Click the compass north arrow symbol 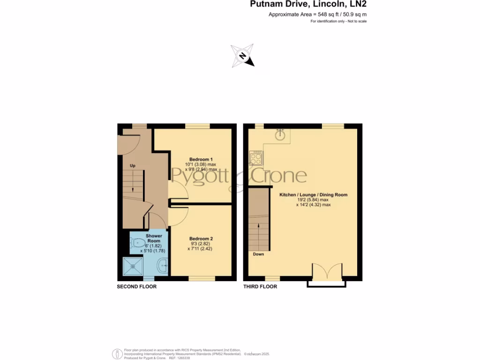tap(242, 55)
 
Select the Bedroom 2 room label tap(200, 239)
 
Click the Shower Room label tap(154, 238)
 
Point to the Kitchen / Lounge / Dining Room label tap(313, 194)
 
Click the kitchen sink tap(280, 135)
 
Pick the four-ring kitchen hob tap(256, 158)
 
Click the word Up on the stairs tap(133, 166)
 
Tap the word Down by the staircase tap(258, 254)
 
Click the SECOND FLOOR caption tap(136, 286)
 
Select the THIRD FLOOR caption tap(260, 286)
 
